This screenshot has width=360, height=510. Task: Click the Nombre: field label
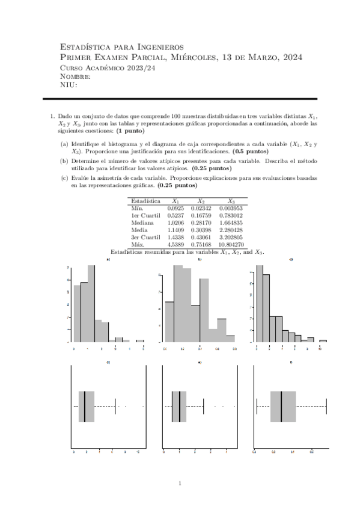tap(76, 76)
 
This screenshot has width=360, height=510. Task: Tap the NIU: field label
tap(70, 85)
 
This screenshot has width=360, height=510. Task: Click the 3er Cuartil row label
tap(147, 236)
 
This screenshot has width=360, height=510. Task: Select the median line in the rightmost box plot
tap(281, 407)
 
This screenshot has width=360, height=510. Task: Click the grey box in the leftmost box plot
tap(86, 407)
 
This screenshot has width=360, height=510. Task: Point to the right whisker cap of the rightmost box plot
tap(326, 407)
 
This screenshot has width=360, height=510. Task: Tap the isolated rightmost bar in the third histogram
tap(323, 340)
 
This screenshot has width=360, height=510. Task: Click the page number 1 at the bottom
tap(180, 484)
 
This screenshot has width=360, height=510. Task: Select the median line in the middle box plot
tap(180, 407)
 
